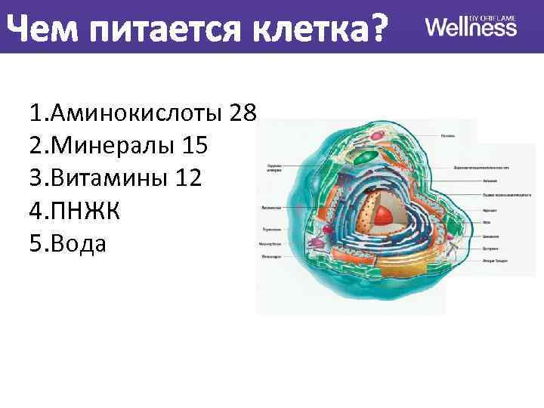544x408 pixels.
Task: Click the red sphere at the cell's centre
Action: [385, 215]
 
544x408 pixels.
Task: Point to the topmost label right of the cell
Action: [447, 137]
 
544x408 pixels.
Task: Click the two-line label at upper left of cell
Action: [274, 168]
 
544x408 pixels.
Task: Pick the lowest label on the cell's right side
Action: [496, 261]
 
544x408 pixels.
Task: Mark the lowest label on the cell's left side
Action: [272, 257]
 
